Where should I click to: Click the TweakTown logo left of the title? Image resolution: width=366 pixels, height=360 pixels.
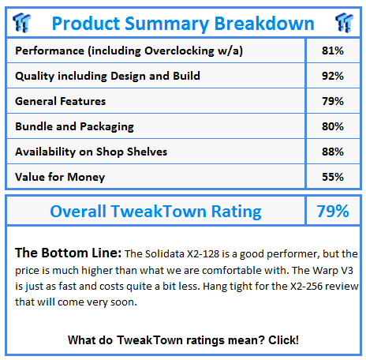tap(21, 23)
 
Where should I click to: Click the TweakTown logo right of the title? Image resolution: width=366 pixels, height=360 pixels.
tap(344, 23)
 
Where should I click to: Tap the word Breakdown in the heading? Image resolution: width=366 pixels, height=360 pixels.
tap(264, 24)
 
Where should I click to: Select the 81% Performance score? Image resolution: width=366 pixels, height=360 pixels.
tap(333, 51)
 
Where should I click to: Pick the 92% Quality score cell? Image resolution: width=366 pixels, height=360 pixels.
tap(333, 76)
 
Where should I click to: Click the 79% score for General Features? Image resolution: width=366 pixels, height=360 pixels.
tap(333, 101)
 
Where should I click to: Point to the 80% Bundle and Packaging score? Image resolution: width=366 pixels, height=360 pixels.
tap(333, 126)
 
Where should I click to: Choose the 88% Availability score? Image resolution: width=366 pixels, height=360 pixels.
tap(333, 152)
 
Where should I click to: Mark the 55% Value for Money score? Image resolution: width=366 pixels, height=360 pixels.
tap(333, 177)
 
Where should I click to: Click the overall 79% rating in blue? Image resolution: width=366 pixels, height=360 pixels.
tap(333, 211)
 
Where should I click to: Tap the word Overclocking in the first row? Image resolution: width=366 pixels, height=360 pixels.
tap(179, 51)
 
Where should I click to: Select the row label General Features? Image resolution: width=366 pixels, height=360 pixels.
tap(61, 101)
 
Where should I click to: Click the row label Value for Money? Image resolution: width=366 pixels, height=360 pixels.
tap(60, 178)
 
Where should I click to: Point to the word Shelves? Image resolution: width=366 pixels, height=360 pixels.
tap(147, 152)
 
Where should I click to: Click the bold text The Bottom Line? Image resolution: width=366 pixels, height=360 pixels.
tap(68, 253)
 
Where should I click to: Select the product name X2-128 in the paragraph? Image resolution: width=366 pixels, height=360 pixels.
tap(203, 254)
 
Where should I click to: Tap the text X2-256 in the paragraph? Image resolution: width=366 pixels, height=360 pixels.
tap(306, 287)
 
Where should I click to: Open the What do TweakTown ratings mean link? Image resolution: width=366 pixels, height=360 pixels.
tap(183, 340)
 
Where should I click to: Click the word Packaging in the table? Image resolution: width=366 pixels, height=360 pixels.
tap(106, 127)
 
